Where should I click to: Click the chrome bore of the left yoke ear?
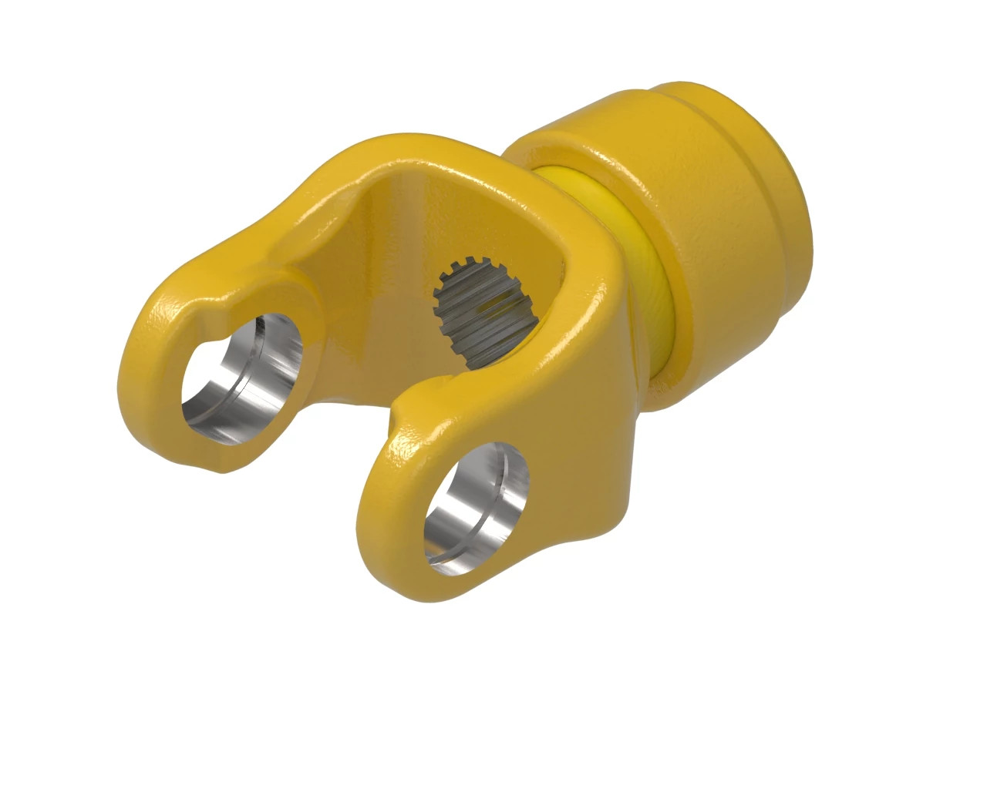pyautogui.click(x=243, y=378)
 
